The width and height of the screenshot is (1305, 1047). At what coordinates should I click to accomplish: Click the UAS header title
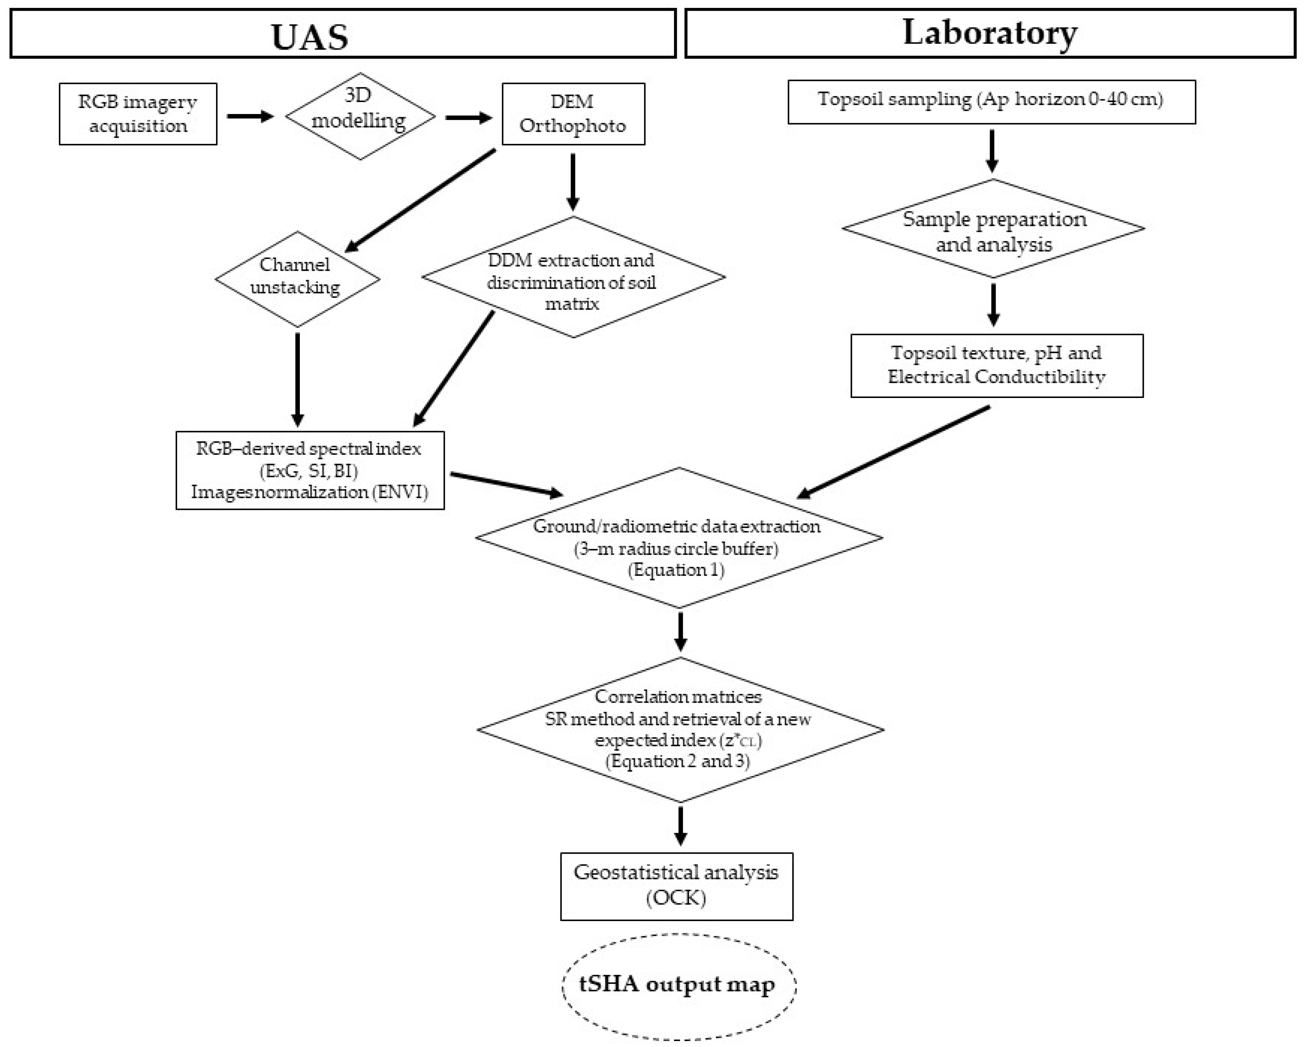pos(309,36)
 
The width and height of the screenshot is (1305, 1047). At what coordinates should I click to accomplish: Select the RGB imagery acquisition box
pos(138,114)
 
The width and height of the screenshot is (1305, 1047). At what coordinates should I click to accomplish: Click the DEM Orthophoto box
pos(573,114)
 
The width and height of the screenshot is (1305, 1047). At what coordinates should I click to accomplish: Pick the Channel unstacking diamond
pos(297,279)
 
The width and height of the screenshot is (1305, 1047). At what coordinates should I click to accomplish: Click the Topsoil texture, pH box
pos(996,365)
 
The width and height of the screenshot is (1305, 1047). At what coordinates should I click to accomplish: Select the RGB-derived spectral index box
pos(310,470)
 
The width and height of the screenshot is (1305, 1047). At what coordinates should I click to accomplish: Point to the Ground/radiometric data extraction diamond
pos(679,538)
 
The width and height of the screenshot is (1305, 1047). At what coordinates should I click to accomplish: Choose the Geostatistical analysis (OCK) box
pos(676,886)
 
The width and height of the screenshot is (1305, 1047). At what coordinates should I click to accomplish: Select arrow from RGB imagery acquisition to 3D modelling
pos(250,116)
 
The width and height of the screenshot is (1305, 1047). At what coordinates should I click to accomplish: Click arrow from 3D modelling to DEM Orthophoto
pos(468,118)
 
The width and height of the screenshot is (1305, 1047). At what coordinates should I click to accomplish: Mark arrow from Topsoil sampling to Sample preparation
pos(992,150)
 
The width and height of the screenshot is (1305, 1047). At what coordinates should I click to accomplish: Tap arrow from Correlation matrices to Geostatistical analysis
pos(680,825)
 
